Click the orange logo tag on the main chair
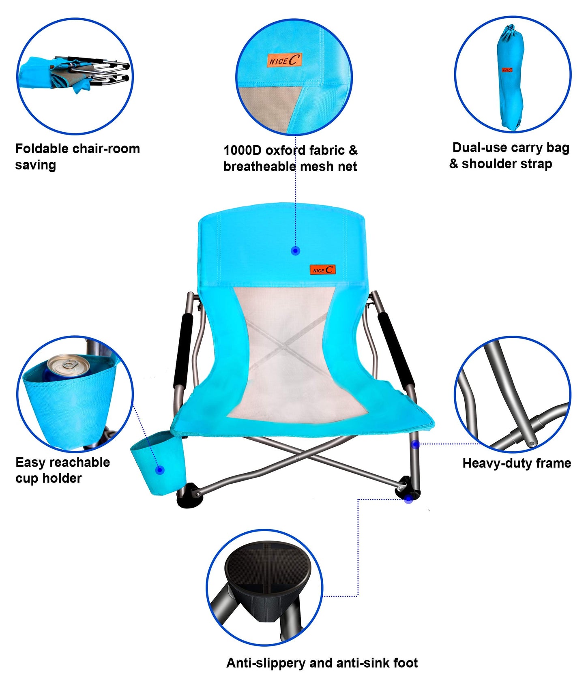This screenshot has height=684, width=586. tap(323, 270)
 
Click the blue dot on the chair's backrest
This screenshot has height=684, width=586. tap(296, 251)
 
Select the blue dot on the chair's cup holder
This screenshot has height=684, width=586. tap(160, 470)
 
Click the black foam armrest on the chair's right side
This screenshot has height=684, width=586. tap(396, 350)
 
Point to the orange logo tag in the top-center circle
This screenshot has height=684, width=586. tap(284, 61)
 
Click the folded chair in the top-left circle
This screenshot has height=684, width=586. tap(75, 75)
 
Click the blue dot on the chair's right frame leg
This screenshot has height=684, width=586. tap(415, 444)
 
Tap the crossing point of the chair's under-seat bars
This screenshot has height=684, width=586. tap(298, 458)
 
